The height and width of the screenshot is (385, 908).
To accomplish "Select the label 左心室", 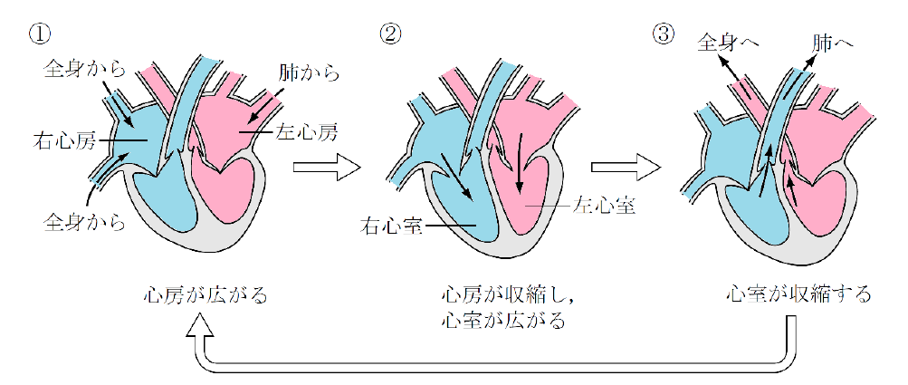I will coord(606,206).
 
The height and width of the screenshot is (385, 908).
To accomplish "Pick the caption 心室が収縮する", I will coord(798,294).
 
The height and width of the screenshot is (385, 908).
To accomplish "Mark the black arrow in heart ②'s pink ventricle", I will coord(520,168).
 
